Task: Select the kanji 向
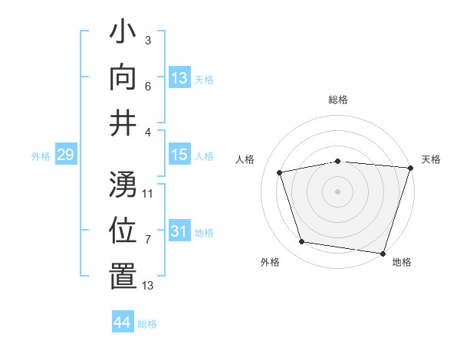coord(123,77)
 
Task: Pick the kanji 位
coord(123,230)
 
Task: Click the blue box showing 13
coord(179,78)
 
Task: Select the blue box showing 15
coord(179,155)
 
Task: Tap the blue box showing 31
coord(179,231)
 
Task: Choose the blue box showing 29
coord(65,155)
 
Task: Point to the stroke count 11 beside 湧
coord(148,193)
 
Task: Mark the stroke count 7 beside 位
coord(148,240)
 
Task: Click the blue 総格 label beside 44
coord(147,324)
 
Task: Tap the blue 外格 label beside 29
coord(41,156)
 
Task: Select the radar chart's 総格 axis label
coord(338,100)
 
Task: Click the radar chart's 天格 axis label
coord(431,159)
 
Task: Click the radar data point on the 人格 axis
coord(280,172)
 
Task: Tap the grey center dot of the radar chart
coord(338,191)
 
